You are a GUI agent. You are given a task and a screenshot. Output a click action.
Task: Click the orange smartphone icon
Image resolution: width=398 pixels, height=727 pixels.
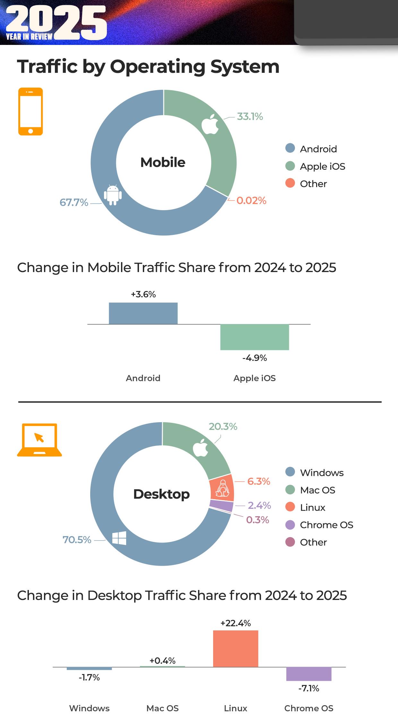pyautogui.click(x=30, y=111)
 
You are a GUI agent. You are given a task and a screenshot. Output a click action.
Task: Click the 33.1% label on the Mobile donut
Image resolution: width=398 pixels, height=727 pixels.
pyautogui.click(x=250, y=116)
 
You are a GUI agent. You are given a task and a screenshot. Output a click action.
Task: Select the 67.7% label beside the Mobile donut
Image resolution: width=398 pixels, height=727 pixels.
pyautogui.click(x=74, y=202)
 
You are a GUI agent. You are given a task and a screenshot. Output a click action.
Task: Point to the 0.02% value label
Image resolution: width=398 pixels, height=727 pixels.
pyautogui.click(x=251, y=201)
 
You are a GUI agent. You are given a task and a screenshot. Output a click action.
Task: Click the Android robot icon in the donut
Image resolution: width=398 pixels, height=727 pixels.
pyautogui.click(x=113, y=195)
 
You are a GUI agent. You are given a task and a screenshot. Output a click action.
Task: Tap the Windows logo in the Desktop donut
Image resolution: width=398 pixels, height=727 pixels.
pyautogui.click(x=119, y=538)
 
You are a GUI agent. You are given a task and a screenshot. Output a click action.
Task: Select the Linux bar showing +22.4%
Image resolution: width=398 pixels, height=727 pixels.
pyautogui.click(x=236, y=648)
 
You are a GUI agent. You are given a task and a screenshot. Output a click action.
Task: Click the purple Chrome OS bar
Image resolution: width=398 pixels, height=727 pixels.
pyautogui.click(x=308, y=673)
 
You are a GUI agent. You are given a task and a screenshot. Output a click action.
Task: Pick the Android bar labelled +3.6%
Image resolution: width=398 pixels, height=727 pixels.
pyautogui.click(x=143, y=313)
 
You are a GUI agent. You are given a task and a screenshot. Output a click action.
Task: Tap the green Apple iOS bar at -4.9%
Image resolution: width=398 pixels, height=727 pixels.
pyautogui.click(x=255, y=337)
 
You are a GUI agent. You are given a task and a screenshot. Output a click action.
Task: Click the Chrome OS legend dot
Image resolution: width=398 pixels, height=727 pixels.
pyautogui.click(x=290, y=525)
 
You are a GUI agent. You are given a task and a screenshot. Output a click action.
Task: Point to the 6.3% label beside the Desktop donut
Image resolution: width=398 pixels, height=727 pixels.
pyautogui.click(x=258, y=481)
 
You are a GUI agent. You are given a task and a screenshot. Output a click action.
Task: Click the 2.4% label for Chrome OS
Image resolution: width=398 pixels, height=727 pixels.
pyautogui.click(x=259, y=505)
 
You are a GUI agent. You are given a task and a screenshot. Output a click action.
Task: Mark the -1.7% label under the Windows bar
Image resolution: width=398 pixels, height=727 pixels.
pyautogui.click(x=89, y=677)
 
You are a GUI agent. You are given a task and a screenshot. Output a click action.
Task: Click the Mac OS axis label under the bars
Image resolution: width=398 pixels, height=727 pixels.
pyautogui.click(x=162, y=708)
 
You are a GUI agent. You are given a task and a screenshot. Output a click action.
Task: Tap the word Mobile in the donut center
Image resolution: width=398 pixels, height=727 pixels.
pyautogui.click(x=163, y=162)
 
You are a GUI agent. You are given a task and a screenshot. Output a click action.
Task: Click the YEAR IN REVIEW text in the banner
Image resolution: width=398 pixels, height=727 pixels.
pyautogui.click(x=29, y=37)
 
